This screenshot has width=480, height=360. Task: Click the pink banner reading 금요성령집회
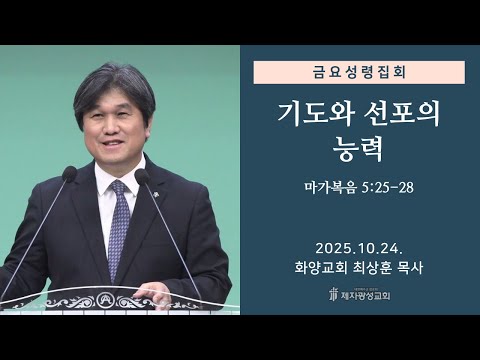tap(359, 72)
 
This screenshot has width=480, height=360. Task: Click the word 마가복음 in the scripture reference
tap(332, 187)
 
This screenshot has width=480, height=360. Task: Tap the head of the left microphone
tap(68, 175)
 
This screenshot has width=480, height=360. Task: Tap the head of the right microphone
tap(142, 177)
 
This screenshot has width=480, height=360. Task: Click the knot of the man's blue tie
tap(119, 191)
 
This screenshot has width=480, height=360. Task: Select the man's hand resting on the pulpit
tap(150, 294)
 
